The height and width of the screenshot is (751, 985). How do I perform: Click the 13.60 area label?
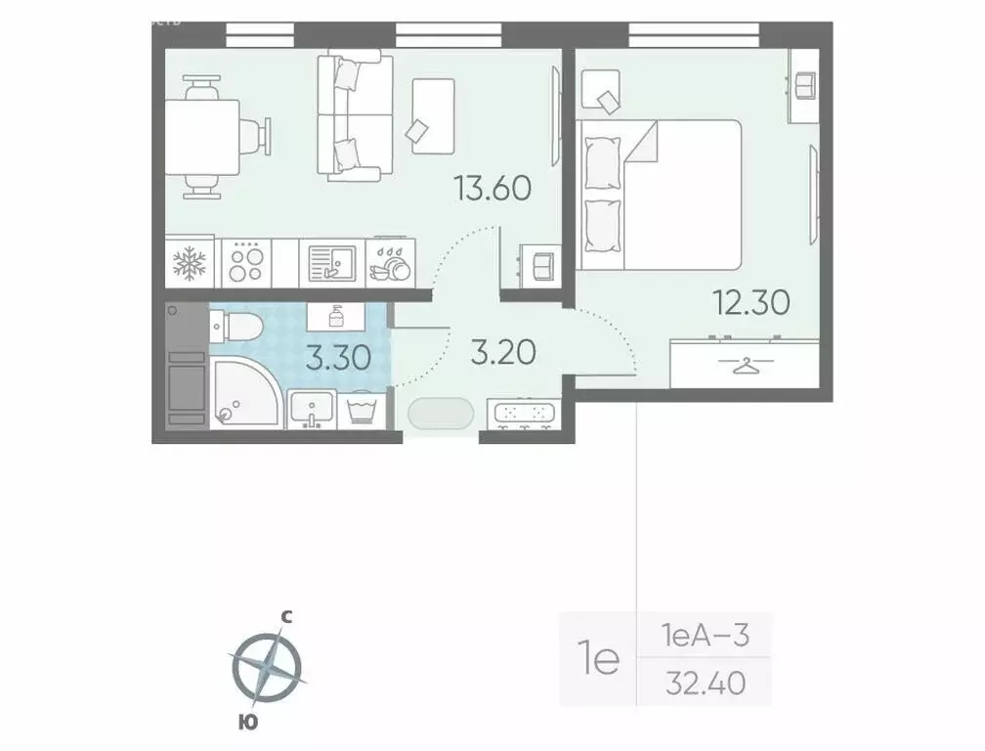[x=492, y=186]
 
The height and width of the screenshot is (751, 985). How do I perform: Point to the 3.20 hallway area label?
[x=503, y=351]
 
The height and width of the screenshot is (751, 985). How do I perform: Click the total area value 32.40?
[x=703, y=684]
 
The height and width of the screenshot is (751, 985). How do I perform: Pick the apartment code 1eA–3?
[x=704, y=636]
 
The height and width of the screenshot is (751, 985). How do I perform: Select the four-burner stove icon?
[x=245, y=263]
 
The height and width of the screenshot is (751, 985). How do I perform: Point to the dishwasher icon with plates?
[x=392, y=263]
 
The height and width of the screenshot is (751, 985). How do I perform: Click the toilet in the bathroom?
[x=236, y=327]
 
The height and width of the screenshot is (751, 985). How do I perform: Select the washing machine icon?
[x=364, y=409]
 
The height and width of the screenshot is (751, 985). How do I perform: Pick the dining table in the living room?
[x=202, y=136]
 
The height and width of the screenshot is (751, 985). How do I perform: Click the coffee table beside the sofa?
[x=433, y=115]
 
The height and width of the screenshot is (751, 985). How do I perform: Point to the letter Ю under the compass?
[x=245, y=724]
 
